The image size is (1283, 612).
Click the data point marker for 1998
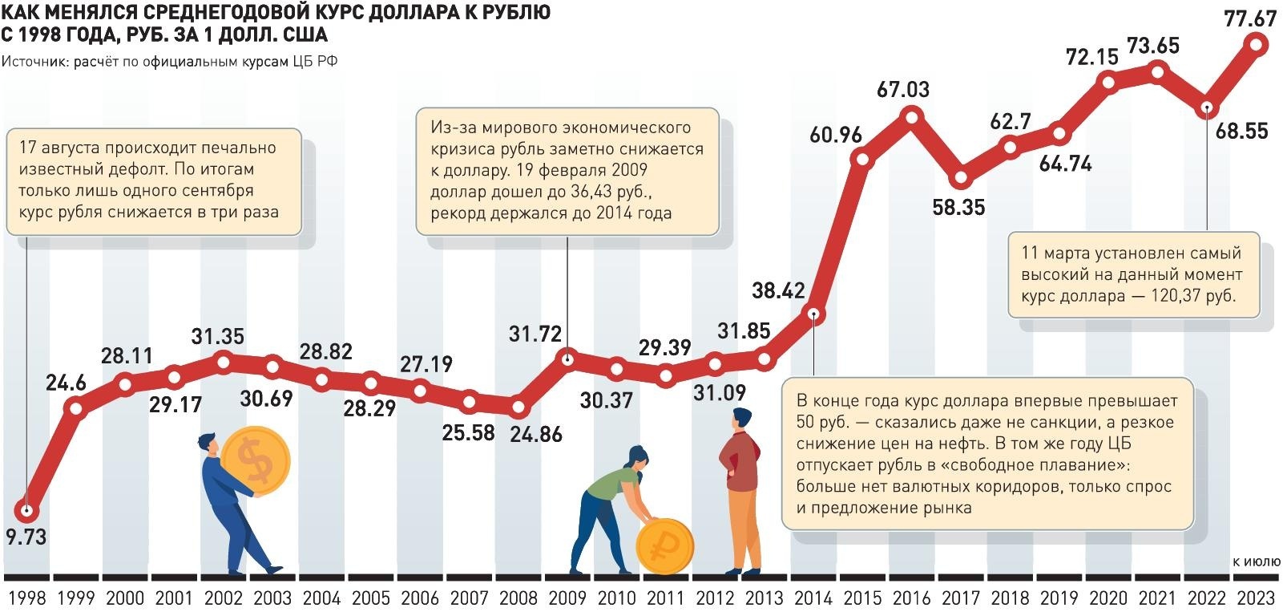pos(27,510)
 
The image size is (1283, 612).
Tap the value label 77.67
pos(1249,18)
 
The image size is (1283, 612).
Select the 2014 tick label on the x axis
pos(813,598)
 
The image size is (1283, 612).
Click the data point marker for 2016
pos(912,118)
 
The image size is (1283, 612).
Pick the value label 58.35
pos(958,207)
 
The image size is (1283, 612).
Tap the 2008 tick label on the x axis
pos(518,598)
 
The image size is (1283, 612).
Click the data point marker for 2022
pos(1208,108)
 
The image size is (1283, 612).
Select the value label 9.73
pos(26,537)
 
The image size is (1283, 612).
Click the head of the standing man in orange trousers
pos(742,419)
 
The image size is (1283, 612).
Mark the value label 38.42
pos(777,290)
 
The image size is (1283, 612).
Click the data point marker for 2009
pos(567,359)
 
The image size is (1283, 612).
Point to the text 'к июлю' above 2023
pos(1257,561)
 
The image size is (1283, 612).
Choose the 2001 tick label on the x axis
pos(174,598)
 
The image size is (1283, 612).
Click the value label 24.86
pos(536,434)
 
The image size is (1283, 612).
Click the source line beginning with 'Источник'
pos(169,62)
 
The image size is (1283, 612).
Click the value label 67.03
pos(902,89)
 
